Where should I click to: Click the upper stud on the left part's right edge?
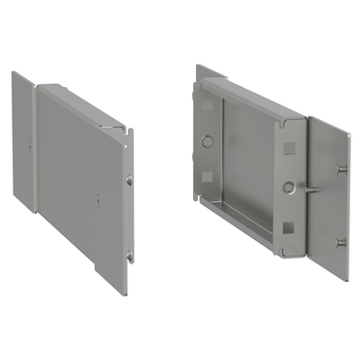click(130, 180)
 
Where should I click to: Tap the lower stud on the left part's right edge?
click(130, 257)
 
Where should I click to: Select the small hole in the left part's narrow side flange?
click(29, 146)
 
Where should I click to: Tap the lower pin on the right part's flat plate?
click(340, 242)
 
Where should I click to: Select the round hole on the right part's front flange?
click(288, 186)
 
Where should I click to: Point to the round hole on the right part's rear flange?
click(207, 140)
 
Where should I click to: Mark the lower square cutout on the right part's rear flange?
click(207, 176)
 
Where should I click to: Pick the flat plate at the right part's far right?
click(327, 195)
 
